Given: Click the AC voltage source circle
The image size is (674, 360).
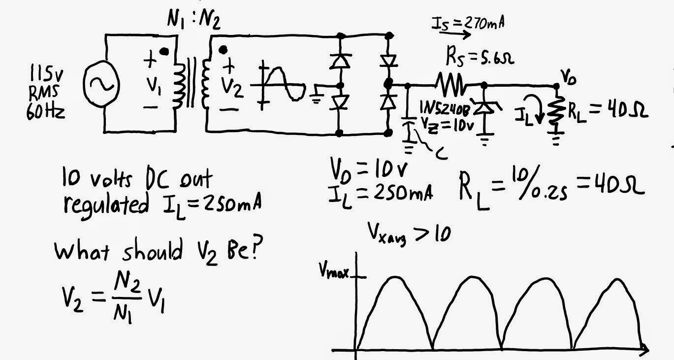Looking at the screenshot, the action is [84, 84].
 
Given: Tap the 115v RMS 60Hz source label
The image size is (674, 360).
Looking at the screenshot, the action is [46, 93].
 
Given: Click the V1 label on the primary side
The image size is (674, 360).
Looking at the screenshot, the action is [154, 85].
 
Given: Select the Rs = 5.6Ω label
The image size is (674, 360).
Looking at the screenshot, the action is [480, 57].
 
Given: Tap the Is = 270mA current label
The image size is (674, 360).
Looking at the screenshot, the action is [468, 23].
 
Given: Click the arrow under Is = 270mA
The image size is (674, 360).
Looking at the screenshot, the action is [454, 34].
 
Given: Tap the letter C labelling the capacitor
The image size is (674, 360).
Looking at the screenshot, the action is [442, 154].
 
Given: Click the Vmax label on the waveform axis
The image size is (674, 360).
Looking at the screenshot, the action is [334, 272].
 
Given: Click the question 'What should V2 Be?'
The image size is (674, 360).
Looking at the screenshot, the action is [159, 251].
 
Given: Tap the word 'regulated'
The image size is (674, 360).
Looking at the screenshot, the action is [106, 205].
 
